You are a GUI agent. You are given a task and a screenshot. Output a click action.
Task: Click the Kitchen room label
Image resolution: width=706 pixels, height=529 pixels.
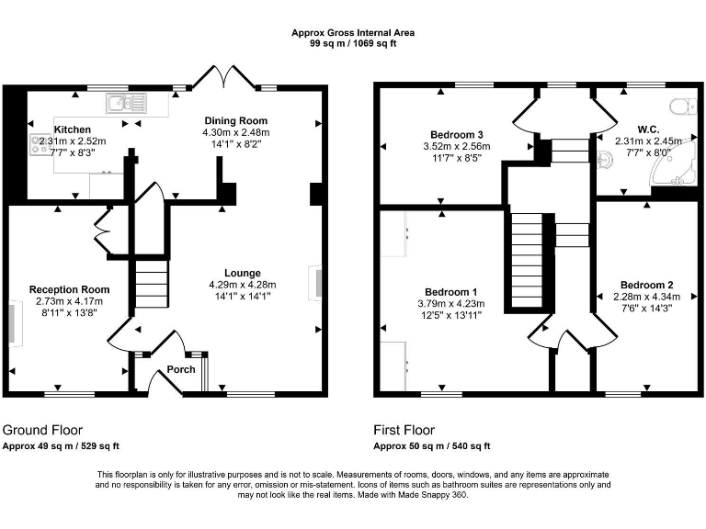point(72,130)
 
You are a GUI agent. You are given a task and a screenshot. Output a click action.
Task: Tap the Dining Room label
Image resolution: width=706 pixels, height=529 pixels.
point(234,120)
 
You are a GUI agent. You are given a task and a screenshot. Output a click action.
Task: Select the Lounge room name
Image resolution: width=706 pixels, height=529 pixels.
point(243,273)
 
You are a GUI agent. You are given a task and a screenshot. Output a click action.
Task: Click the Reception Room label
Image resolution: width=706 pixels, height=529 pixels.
point(69,289)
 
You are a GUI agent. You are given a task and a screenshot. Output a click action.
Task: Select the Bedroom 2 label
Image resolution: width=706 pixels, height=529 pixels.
point(646,284)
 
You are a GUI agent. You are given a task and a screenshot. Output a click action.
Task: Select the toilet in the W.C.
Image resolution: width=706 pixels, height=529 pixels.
point(681,107)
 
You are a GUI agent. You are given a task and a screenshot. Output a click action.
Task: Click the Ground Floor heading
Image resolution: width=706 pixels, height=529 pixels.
point(42,430)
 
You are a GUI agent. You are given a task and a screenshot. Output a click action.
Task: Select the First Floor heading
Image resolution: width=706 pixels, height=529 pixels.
point(404,430)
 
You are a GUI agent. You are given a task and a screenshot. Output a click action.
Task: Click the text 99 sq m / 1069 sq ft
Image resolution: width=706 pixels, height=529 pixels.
point(353,42)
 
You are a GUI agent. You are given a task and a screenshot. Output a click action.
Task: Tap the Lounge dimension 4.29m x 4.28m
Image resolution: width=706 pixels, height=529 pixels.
point(243,285)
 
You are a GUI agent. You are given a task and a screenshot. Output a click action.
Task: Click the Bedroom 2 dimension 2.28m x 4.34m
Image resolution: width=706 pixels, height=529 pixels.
point(646,296)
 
